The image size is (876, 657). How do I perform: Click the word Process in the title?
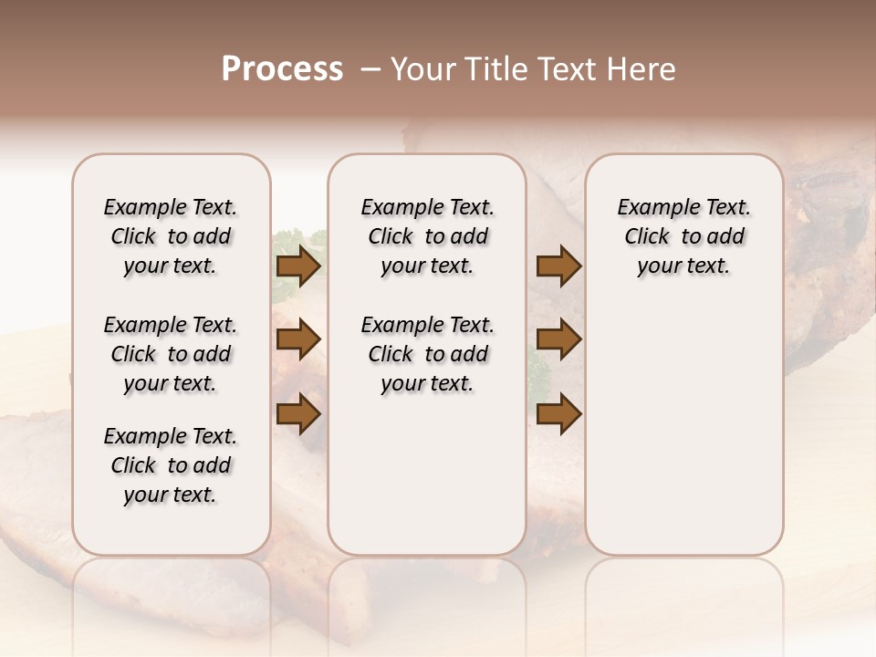[282, 69]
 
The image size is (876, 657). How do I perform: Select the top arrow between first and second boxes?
[298, 266]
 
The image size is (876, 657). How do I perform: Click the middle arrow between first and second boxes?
[298, 340]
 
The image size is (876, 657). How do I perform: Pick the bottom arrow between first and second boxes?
[298, 414]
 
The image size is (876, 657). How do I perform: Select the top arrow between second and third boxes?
[558, 266]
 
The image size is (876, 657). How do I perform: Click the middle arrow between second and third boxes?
[558, 340]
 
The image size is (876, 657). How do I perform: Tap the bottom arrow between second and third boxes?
[558, 414]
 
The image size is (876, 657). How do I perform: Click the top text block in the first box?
[171, 236]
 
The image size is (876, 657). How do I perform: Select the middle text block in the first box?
[171, 354]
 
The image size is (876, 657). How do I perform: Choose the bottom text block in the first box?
[171, 465]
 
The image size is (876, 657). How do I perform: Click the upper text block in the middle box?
[427, 236]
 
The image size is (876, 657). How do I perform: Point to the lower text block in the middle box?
[427, 354]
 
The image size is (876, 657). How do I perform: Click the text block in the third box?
[684, 236]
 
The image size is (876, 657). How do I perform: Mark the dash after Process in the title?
[370, 69]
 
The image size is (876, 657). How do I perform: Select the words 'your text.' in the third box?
[683, 266]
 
